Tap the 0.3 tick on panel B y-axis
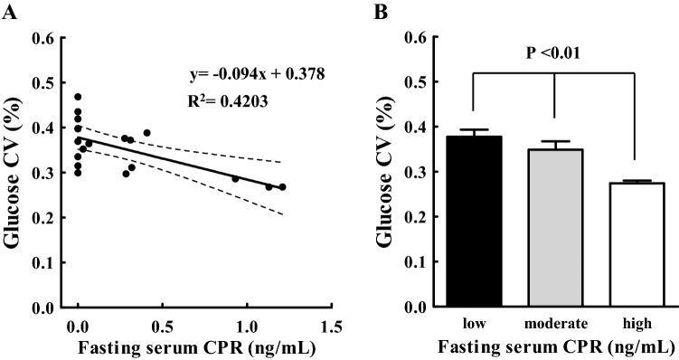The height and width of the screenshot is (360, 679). coord(414,173)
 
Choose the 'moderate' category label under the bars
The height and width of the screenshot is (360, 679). coord(555,323)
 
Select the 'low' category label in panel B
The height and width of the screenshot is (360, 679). coord(473,323)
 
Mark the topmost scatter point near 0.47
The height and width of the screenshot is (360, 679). coord(79,97)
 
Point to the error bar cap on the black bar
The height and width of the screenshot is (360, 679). coord(473,130)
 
